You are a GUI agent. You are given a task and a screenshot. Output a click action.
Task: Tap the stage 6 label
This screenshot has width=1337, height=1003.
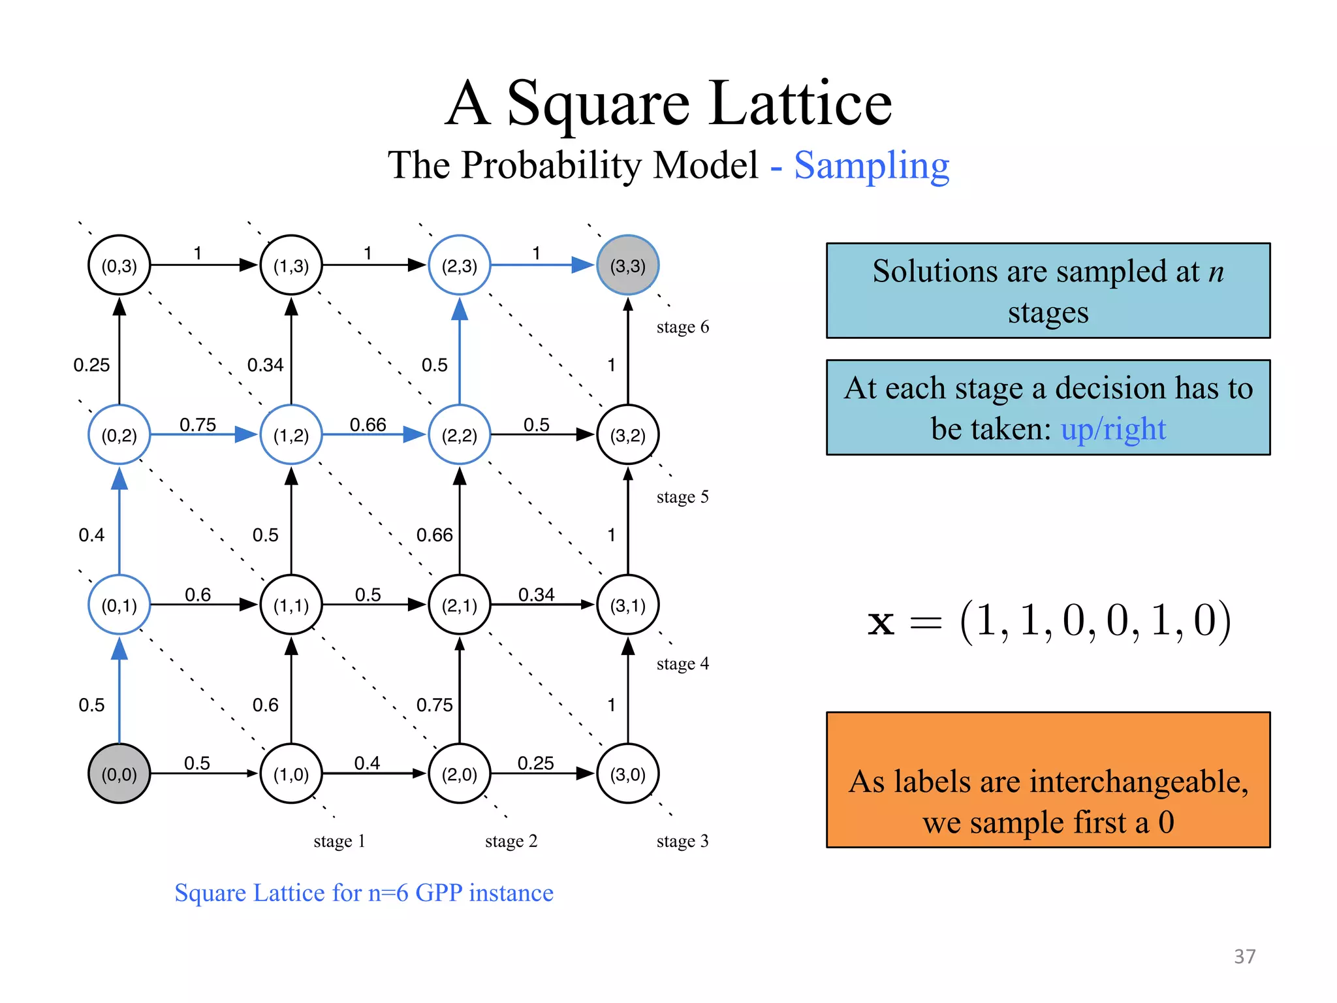coord(682,327)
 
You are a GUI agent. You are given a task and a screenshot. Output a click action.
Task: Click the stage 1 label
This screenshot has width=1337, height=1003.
coord(339,841)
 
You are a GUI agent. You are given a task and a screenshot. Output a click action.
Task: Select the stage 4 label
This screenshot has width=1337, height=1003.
coord(682,664)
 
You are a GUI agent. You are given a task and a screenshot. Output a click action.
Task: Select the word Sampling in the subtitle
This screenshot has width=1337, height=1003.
coord(872,165)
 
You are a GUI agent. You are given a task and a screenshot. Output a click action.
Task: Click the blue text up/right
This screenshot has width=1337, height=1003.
coord(1113,429)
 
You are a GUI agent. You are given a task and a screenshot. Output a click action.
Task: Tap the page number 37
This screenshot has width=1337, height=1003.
coord(1244,957)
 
